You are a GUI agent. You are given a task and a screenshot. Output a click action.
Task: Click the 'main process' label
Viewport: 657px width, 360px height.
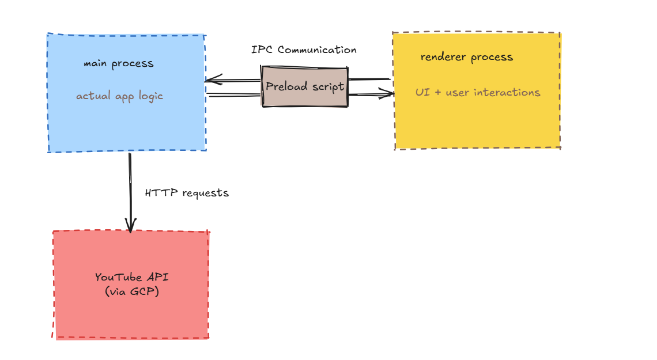119,63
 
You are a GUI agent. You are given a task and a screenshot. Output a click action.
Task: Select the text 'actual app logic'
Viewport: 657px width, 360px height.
119,96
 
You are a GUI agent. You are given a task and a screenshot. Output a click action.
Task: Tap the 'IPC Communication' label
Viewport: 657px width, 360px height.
304,50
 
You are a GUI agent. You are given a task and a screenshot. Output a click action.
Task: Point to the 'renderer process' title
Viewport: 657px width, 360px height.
466,57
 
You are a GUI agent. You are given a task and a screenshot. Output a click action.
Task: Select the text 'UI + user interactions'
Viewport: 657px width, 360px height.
478,92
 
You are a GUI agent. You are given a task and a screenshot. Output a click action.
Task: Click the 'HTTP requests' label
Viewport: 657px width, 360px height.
187,193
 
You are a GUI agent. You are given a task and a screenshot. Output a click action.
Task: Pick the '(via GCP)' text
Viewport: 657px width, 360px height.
132,291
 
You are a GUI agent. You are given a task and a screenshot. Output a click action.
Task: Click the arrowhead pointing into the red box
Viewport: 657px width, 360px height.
130,228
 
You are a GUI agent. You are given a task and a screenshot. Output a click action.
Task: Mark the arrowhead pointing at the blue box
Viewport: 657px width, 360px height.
210,80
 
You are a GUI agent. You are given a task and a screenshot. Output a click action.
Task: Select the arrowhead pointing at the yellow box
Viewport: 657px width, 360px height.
388,94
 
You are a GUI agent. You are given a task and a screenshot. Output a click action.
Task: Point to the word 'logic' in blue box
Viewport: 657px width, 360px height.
150,96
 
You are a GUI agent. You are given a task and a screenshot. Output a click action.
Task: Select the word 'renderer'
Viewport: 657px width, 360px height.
444,57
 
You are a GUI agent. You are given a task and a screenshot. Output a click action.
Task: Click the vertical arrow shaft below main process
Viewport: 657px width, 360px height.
130,184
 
